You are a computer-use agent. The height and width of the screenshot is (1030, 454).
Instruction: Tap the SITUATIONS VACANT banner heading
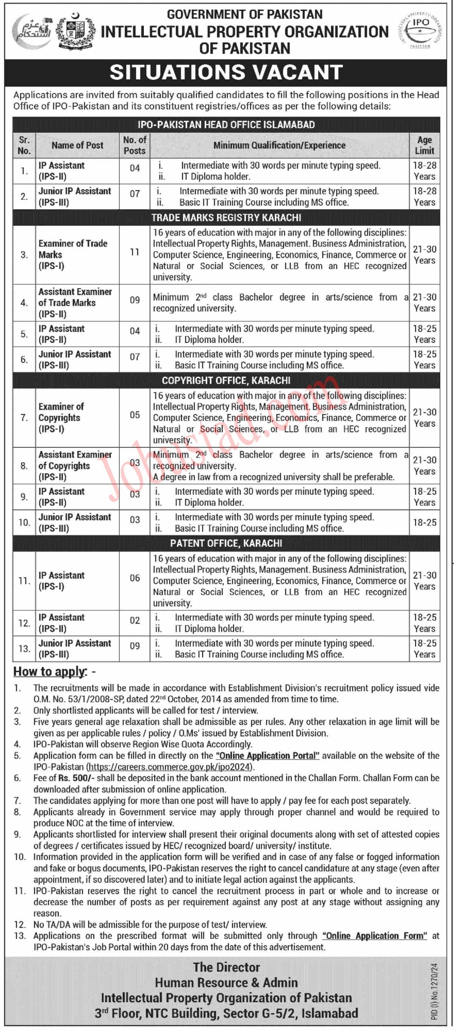226,72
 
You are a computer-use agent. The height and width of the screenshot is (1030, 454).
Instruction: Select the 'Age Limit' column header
424,145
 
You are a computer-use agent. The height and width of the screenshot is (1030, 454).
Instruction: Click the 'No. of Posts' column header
135,145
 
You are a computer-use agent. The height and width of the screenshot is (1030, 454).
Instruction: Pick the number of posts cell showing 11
135,252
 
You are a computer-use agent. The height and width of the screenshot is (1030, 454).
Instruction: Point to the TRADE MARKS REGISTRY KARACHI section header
226,218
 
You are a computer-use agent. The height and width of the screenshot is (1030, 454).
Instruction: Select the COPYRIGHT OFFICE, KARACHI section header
226,381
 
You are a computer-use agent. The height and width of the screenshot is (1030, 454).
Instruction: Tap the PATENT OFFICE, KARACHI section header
226,544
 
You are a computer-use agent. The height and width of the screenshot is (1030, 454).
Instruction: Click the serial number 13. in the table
24,649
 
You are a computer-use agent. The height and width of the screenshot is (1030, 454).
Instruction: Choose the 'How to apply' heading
50,672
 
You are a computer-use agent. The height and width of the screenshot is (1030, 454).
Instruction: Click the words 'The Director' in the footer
226,967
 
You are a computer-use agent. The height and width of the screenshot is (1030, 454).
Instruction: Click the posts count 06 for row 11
135,578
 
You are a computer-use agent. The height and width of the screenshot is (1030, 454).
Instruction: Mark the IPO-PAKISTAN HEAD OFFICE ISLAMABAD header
226,125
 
